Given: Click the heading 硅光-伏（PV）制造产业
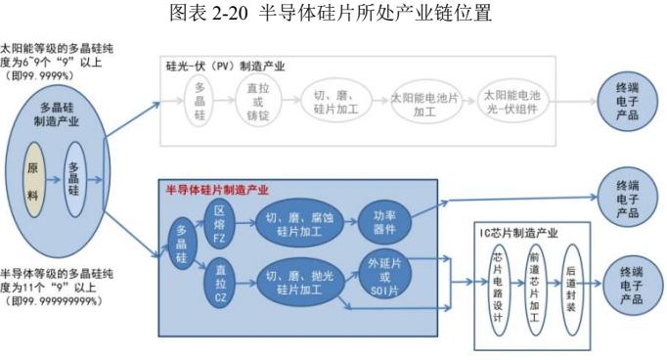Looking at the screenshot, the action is pos(225,66).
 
